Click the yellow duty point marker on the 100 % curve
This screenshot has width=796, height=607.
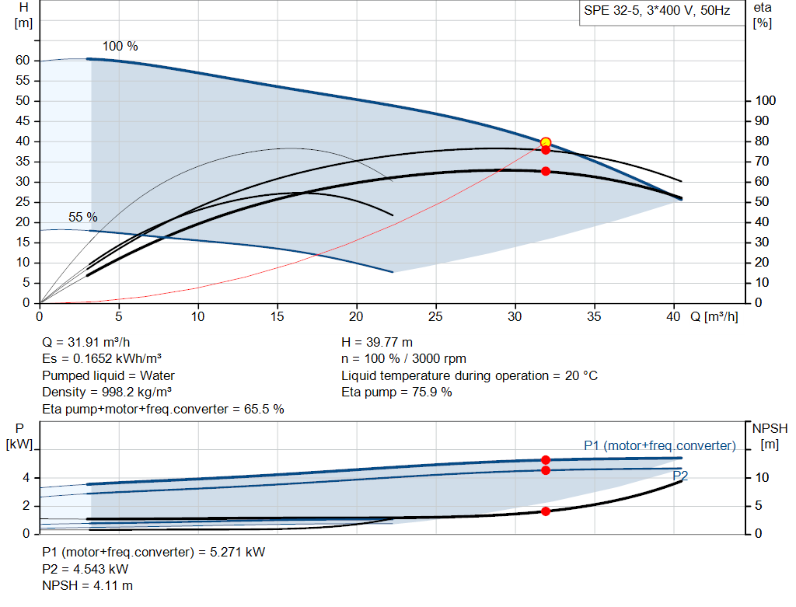[546, 142]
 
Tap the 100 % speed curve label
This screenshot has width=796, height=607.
[120, 47]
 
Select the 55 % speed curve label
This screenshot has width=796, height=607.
[83, 218]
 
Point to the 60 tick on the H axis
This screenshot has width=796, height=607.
[23, 61]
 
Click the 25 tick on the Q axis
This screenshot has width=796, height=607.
[436, 317]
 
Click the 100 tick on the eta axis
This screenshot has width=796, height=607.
[766, 101]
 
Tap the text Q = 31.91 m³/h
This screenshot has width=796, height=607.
[86, 342]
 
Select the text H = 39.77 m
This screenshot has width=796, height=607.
[377, 342]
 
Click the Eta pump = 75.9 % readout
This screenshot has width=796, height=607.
[396, 392]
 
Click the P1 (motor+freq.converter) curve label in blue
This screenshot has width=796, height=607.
[659, 445]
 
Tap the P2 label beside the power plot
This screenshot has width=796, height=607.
[680, 476]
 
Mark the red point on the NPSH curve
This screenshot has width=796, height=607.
[546, 511]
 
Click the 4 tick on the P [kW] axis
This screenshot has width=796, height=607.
[26, 478]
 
